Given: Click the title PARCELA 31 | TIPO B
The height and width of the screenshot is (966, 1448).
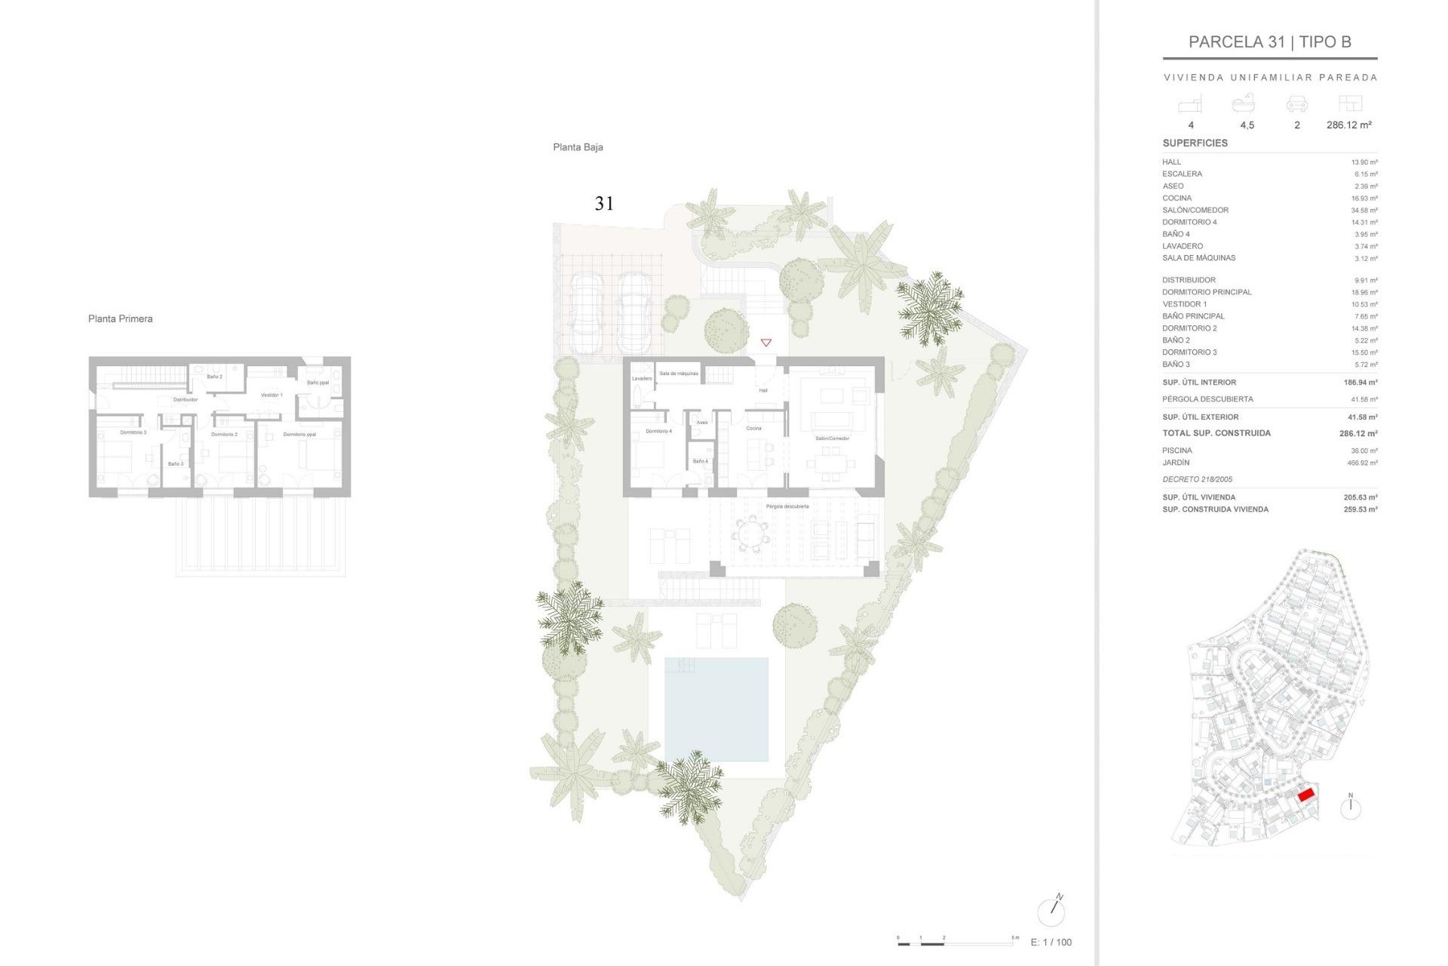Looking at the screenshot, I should tap(1269, 42).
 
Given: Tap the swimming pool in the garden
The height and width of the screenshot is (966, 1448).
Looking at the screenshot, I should tap(716, 709).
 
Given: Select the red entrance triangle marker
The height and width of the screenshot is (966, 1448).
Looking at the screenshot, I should tap(766, 343).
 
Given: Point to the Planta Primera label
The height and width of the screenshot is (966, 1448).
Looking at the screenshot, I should tap(120, 318).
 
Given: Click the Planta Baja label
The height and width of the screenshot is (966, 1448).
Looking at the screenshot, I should tap(578, 147).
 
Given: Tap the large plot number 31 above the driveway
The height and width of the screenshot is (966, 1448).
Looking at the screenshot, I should tap(604, 203).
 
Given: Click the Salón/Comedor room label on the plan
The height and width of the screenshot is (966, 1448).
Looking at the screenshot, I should tap(832, 438).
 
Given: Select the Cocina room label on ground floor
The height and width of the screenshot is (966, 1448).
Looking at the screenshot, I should tap(753, 428).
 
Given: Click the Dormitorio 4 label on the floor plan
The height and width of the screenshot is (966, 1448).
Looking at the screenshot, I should tap(658, 431).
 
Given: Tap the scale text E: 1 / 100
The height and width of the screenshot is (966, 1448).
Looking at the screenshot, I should tap(1051, 942).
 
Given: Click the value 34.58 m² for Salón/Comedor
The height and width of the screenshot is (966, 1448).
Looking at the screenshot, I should tap(1364, 211).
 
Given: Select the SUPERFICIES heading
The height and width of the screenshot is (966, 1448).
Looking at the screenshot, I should tap(1195, 143).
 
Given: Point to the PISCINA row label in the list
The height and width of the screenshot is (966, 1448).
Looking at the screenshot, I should tap(1176, 451).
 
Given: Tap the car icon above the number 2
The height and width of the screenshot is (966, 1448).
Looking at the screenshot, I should tap(1296, 104).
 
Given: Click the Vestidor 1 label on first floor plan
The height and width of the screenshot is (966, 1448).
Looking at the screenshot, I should tap(271, 395).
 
